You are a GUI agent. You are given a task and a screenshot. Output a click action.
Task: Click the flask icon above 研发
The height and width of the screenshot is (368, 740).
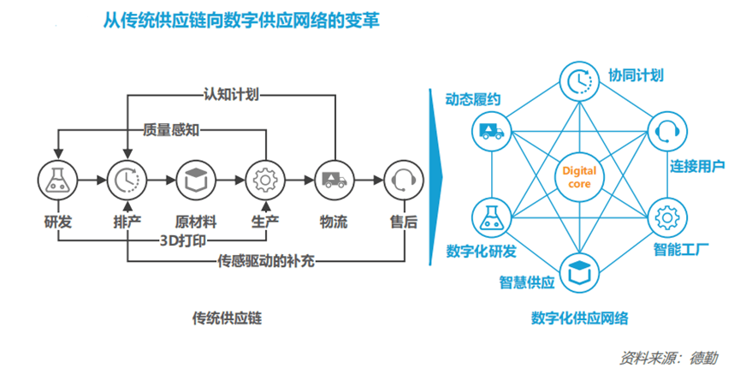57,180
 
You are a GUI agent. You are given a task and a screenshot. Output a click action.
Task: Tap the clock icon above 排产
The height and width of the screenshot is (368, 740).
126,180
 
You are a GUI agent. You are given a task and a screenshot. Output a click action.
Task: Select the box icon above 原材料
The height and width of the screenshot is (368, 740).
195,180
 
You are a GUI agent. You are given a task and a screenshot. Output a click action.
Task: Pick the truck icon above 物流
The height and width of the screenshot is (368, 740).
333,180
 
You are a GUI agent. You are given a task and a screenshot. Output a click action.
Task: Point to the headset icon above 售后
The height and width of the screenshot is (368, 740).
401,180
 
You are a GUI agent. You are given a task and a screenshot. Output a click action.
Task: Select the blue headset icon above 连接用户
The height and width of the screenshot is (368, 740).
666,131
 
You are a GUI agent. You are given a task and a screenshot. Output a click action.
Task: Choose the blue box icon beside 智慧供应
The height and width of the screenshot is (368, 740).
579,270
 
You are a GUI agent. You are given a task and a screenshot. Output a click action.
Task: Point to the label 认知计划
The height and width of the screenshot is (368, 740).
230,93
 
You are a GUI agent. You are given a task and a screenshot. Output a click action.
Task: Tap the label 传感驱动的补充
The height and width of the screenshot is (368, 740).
265,260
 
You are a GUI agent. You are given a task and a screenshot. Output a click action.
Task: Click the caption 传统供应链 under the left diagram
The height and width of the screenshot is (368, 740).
226,318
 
